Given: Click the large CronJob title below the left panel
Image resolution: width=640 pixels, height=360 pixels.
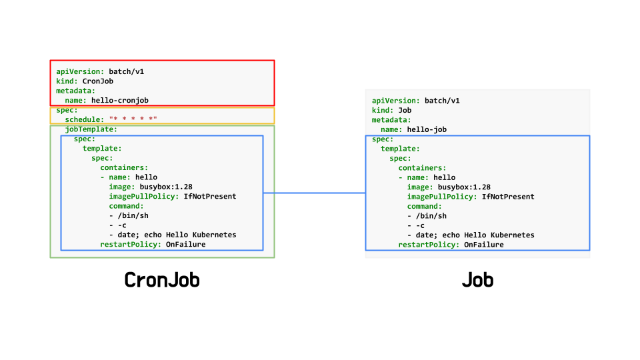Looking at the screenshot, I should click(162, 280).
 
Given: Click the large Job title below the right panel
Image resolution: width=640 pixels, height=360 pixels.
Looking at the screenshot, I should click(477, 280).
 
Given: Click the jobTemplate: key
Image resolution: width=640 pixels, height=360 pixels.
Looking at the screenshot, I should click(91, 129).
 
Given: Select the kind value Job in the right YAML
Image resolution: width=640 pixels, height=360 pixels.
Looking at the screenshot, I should click(405, 110).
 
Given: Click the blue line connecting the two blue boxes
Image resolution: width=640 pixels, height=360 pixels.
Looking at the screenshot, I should click(314, 193).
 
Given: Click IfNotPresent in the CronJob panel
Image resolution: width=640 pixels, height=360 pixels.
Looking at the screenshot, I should click(210, 197).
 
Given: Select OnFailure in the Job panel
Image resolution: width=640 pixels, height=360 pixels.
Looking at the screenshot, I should click(483, 245).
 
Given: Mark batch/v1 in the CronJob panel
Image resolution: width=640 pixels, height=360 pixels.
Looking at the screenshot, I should click(126, 71).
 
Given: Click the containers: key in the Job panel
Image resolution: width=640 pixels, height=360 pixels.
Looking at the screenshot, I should click(423, 168).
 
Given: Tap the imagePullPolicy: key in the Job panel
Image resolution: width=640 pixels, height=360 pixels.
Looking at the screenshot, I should click(443, 197).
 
